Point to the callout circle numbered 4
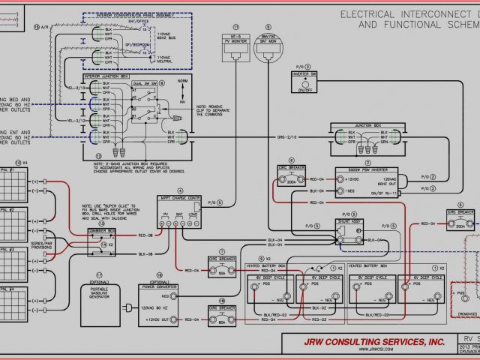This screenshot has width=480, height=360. click(x=180, y=191)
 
